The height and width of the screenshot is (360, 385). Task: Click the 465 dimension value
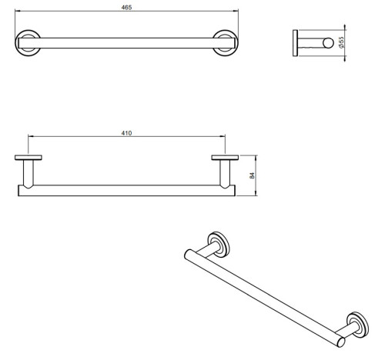pyautogui.click(x=126, y=8)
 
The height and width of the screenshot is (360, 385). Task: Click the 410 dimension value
pyautogui.click(x=126, y=133)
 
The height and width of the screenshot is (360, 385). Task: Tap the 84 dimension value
pyautogui.click(x=252, y=175)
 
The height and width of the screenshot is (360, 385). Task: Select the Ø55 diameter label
pyautogui.click(x=341, y=42)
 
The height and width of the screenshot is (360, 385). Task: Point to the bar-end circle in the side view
pyautogui.click(x=328, y=43)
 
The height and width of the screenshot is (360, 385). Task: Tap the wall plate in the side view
pyautogui.click(x=295, y=43)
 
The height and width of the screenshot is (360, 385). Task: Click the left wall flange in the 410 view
pyautogui.click(x=28, y=158)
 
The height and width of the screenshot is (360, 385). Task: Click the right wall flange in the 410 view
pyautogui.click(x=225, y=158)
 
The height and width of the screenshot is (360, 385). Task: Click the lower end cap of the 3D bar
pyautogui.click(x=341, y=342)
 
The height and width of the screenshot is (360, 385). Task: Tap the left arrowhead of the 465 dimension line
pyautogui.click(x=17, y=11)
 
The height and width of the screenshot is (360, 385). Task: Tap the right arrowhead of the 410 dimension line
pyautogui.click(x=223, y=137)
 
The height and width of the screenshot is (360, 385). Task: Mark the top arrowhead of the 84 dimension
pyautogui.click(x=256, y=157)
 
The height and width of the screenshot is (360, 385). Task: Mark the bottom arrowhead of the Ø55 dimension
pyautogui.click(x=345, y=58)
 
